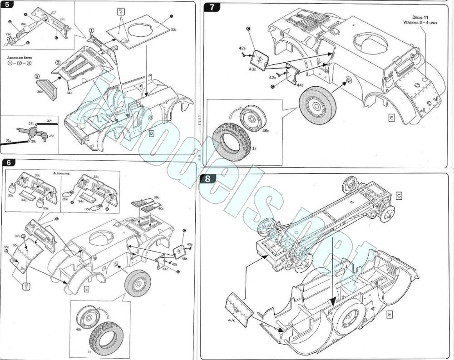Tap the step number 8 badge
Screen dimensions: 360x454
click(207, 178)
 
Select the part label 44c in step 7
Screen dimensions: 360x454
click(301, 85)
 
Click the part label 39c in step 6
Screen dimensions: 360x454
click(157, 197)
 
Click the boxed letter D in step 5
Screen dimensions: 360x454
click(152, 133)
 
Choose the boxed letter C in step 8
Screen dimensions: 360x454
click(399, 195)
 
